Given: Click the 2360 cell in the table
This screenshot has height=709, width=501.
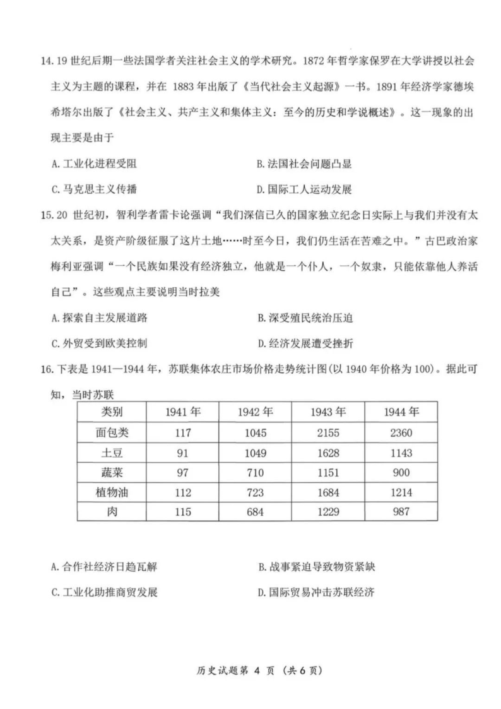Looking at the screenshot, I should pyautogui.click(x=401, y=433).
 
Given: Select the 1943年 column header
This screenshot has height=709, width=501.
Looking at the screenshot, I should pyautogui.click(x=328, y=413).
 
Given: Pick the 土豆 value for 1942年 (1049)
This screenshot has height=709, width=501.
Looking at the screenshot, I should pyautogui.click(x=256, y=453).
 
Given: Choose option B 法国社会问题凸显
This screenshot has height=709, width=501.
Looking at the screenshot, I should pyautogui.click(x=304, y=164).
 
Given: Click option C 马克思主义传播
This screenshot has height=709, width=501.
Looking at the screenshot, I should pyautogui.click(x=95, y=189).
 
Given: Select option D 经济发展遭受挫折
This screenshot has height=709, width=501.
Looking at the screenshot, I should pyautogui.click(x=305, y=343).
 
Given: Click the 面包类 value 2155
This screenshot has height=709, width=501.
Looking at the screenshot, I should pyautogui.click(x=328, y=433).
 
